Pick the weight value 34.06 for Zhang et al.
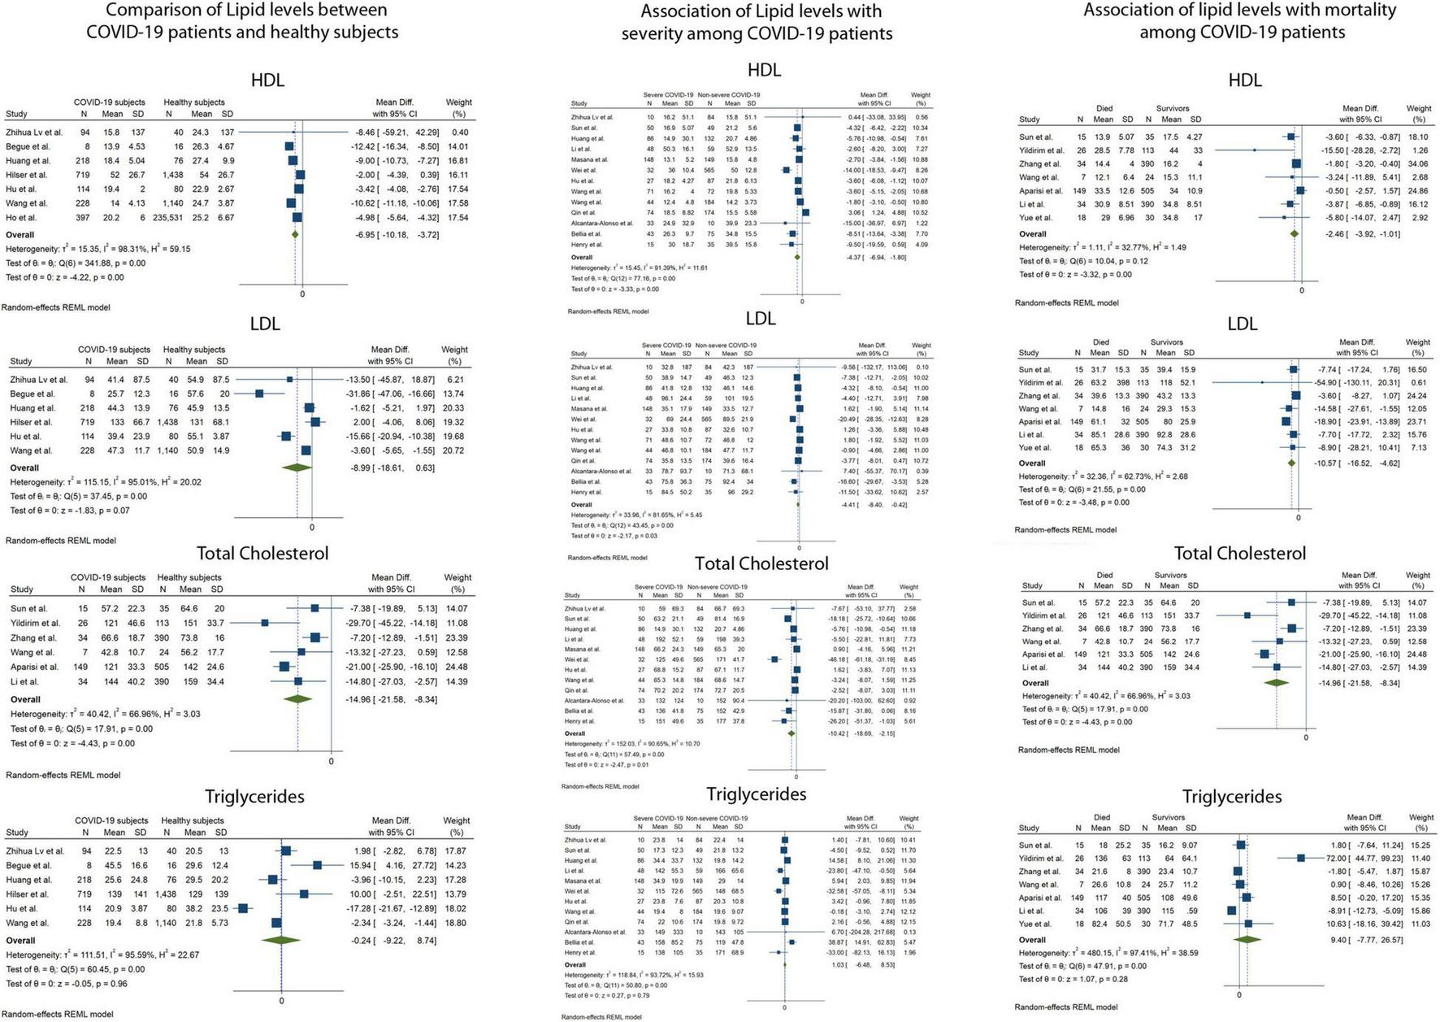(1417, 164)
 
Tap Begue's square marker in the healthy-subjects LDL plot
(259, 394)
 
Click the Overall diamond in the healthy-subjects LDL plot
(297, 468)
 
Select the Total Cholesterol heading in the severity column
(761, 563)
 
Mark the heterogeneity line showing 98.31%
(98, 249)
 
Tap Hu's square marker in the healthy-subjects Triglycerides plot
(243, 908)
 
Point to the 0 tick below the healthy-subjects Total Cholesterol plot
(331, 761)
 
